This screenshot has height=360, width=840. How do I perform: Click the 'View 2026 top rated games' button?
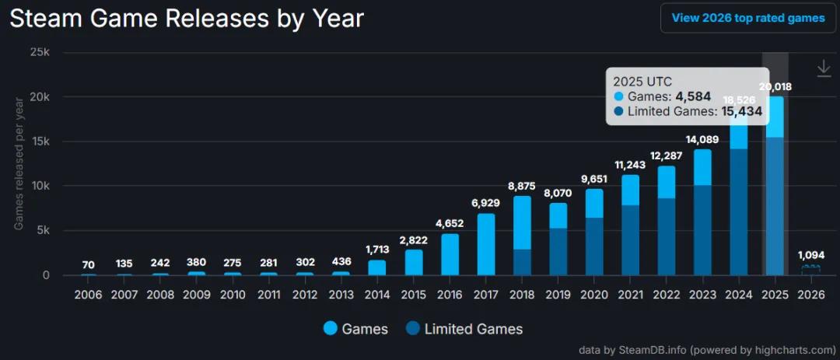(747, 18)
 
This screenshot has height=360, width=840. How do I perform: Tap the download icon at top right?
(824, 69)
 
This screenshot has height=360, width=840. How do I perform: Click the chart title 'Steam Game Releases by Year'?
(187, 17)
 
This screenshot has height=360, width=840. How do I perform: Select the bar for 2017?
(486, 244)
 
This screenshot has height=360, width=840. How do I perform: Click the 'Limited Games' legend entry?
(464, 329)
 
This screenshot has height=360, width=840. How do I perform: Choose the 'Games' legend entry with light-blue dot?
(355, 329)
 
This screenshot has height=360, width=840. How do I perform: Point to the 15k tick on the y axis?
(40, 142)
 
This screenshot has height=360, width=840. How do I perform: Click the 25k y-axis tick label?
(40, 53)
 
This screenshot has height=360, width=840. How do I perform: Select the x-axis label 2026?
(810, 295)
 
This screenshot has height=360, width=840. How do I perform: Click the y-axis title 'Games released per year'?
(19, 164)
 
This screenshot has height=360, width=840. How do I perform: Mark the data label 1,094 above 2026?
(810, 255)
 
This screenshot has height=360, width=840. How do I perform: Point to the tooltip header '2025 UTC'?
(642, 80)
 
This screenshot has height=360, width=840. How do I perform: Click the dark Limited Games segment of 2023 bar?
(702, 230)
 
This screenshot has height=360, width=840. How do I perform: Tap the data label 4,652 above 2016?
(449, 224)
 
